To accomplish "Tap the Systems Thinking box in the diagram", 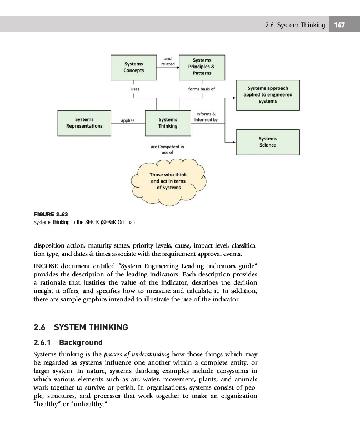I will pyautogui.click(x=168, y=123).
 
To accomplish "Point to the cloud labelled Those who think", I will pyautogui.click(x=168, y=181).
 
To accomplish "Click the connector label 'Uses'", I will pyautogui.click(x=134, y=88).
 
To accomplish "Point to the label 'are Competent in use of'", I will pyautogui.click(x=168, y=149).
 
